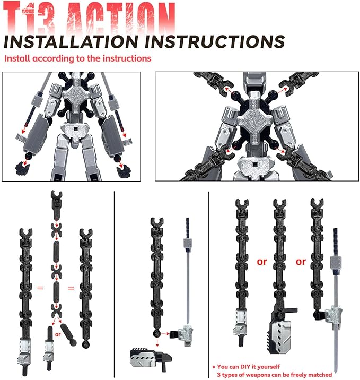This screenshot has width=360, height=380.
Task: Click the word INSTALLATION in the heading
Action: pos(71,41)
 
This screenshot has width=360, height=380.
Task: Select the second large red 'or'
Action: pos(301,262)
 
